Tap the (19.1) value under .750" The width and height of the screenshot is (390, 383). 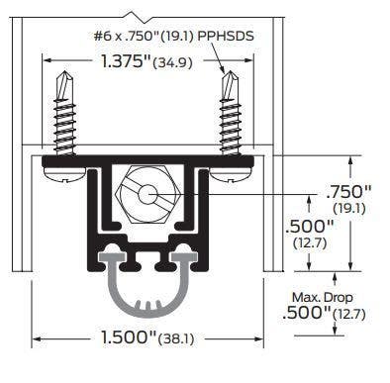[348, 208]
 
